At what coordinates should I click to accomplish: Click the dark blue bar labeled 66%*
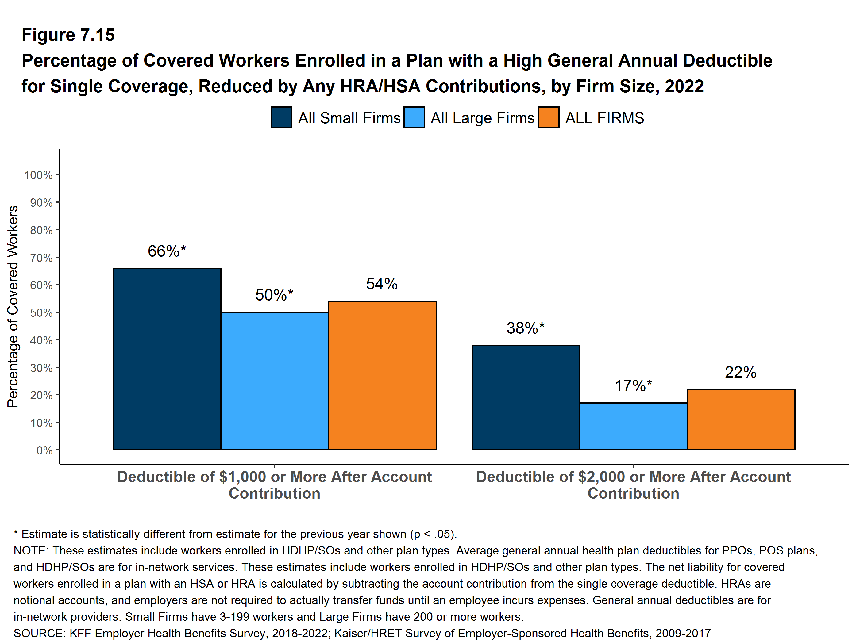coord(167,358)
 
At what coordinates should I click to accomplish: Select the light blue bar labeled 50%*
coord(274,381)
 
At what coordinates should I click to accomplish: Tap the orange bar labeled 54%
coord(382,375)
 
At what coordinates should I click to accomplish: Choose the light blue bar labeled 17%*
coord(633,426)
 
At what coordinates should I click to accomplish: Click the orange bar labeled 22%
coord(741,419)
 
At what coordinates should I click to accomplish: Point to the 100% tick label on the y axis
coord(38,175)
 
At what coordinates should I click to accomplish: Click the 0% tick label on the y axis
coord(44,450)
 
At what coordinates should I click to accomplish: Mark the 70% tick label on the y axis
coord(41,258)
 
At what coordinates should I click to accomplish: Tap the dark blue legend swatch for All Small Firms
coord(281,117)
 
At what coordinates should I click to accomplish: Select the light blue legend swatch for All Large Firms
coord(414,117)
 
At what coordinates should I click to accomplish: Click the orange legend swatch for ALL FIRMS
coord(548,117)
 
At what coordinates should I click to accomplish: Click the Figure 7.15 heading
coord(68,35)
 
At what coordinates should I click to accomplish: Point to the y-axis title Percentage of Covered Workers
coord(13,306)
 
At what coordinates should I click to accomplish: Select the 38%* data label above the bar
coord(525,328)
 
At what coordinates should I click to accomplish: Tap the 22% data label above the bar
coord(740,373)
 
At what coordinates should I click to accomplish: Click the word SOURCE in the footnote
coord(39,633)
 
